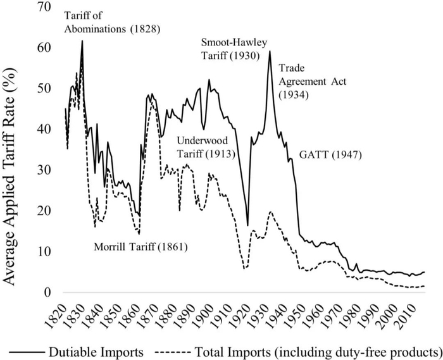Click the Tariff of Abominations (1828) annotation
click(x=112, y=22)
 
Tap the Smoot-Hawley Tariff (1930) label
click(x=234, y=49)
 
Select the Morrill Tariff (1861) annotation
click(x=140, y=247)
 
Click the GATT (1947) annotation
click(x=330, y=155)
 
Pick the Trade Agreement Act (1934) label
click(x=312, y=82)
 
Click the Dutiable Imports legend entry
click(x=77, y=352)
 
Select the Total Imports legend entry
click(x=299, y=352)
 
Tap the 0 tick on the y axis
click(x=47, y=292)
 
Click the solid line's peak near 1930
click(x=270, y=51)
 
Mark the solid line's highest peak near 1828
click(x=82, y=40)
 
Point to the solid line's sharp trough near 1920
click(x=248, y=225)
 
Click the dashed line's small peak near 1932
click(x=271, y=211)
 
